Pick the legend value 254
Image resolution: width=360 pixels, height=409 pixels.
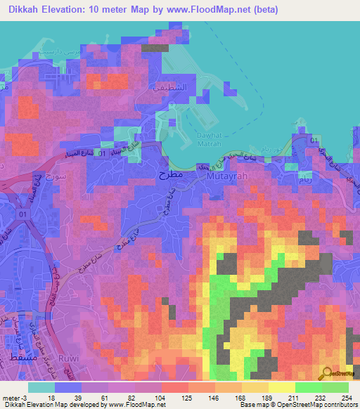click(347, 397)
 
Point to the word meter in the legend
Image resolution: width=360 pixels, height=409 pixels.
click(9, 397)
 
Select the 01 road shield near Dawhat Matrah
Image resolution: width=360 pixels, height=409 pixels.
click(104, 152)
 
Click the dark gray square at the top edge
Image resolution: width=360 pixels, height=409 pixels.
click(151, 48)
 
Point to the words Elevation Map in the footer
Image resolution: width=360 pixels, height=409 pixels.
click(51, 405)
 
